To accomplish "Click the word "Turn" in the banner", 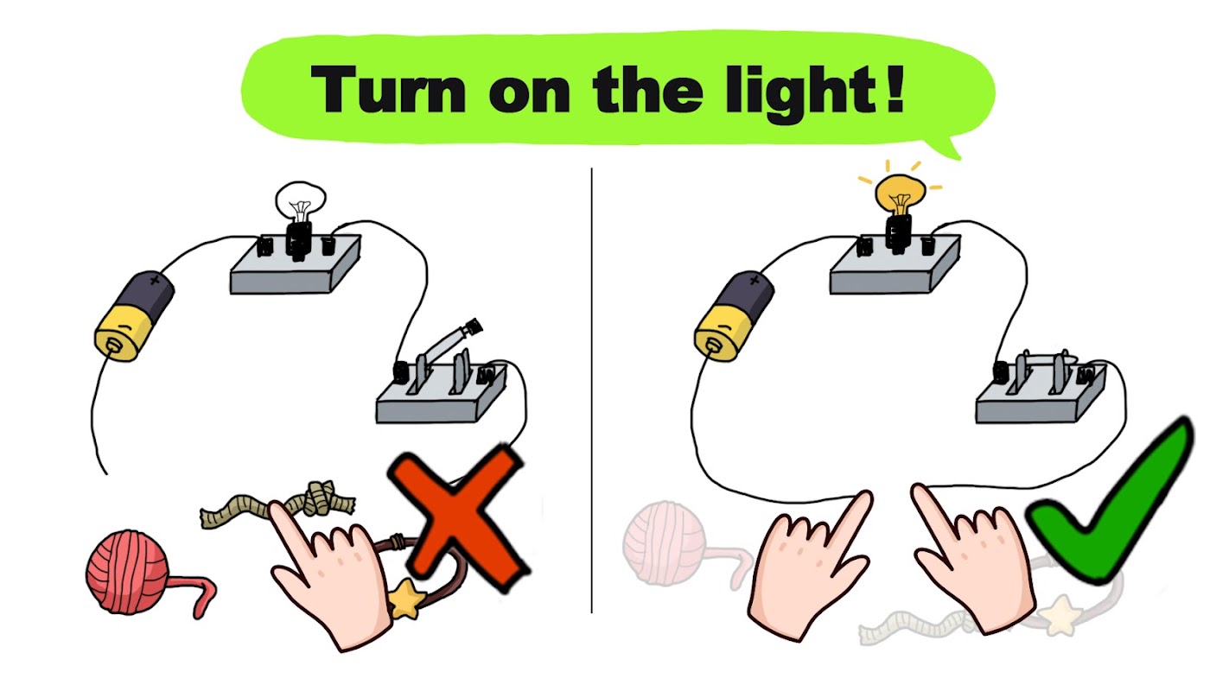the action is [x=388, y=89].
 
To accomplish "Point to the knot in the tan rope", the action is [x=321, y=498].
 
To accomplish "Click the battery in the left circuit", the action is [x=135, y=315].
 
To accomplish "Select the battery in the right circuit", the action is [x=734, y=316].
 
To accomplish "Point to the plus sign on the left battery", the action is [x=156, y=281].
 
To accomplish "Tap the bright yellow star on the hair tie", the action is [x=406, y=597].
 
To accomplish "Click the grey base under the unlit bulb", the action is [x=296, y=266].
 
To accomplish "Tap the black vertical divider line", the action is [x=591, y=390].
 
